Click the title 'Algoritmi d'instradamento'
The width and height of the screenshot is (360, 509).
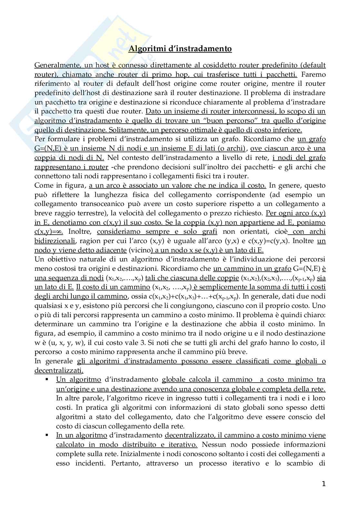(180, 49)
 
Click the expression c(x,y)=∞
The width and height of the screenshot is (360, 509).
(49, 232)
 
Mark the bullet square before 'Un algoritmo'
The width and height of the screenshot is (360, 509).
(47, 379)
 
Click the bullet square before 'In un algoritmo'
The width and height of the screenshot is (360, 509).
(47, 435)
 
